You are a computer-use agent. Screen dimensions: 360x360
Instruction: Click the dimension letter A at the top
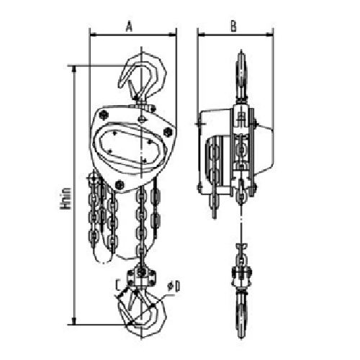[x=129, y=26]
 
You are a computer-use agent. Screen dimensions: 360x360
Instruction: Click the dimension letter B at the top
[x=234, y=26]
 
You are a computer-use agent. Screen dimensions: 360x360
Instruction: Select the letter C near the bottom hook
[x=118, y=284]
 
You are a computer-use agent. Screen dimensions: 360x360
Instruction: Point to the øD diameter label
[x=172, y=289]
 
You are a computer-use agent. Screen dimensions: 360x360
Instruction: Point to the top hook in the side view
[x=240, y=72]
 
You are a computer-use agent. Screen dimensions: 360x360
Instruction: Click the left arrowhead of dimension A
[x=92, y=33]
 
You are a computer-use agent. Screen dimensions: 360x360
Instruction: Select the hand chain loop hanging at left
[x=104, y=216]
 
